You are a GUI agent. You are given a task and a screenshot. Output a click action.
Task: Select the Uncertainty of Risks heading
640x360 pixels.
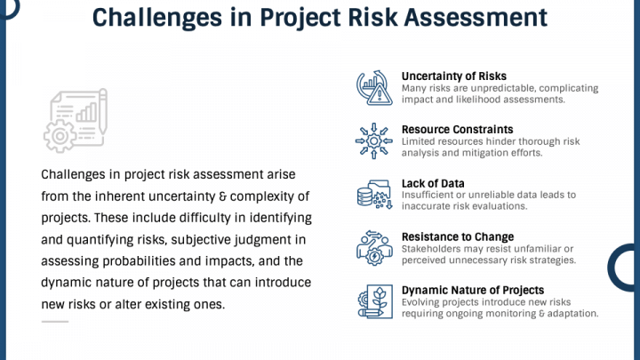(453, 76)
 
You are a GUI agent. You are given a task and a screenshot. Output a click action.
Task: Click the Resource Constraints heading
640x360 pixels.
(457, 130)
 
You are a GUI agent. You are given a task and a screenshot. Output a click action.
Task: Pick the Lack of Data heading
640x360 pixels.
(433, 183)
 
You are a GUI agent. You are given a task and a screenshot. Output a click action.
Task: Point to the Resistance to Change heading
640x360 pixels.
(457, 236)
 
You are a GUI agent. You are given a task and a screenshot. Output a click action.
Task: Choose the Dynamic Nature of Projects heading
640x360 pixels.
(472, 290)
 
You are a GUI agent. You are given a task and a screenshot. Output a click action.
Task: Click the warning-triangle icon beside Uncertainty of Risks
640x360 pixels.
(373, 88)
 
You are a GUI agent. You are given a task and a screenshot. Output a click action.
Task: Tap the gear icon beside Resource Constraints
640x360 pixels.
(373, 142)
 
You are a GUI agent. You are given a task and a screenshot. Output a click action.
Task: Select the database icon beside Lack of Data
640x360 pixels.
(373, 195)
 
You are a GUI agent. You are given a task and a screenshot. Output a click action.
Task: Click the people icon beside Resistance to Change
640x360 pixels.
(373, 248)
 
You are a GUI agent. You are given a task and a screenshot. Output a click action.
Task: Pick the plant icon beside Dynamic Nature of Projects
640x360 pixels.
(373, 302)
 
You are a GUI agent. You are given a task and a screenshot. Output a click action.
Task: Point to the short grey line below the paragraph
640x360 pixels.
(54, 321)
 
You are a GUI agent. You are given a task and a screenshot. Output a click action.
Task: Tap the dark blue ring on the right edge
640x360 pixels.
(626, 267)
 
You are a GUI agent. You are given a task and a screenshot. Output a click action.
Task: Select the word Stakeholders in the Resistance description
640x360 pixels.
(431, 249)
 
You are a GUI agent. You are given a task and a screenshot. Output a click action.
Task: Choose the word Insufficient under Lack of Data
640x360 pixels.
(428, 195)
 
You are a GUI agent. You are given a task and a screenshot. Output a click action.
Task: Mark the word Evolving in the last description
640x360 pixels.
(421, 302)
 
